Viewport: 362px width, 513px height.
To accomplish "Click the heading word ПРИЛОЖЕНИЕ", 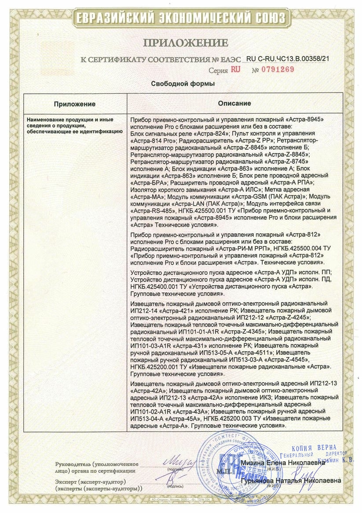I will (x=186, y=43).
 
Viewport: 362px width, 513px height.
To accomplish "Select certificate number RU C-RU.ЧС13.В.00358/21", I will (x=288, y=58).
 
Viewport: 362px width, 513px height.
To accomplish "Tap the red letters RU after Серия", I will (x=235, y=70).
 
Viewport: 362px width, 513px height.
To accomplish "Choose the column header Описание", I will (x=234, y=103).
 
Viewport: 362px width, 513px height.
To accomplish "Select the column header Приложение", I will (x=75, y=104).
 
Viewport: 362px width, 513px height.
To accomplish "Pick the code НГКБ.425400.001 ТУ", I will (x=159, y=286).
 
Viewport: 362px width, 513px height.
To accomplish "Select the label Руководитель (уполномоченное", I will (x=97, y=464).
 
